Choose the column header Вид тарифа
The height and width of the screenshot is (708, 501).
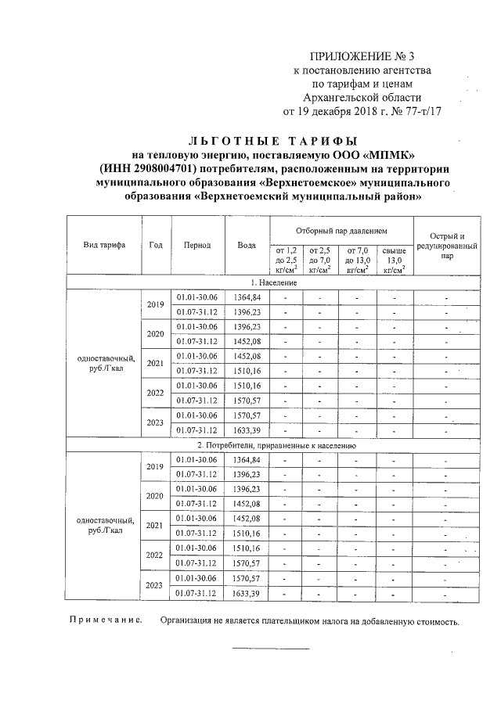(104, 245)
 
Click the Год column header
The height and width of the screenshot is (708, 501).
(155, 245)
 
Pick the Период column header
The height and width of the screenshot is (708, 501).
(197, 245)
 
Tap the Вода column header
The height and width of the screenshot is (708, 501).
(247, 245)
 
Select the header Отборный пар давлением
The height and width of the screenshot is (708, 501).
(341, 232)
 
